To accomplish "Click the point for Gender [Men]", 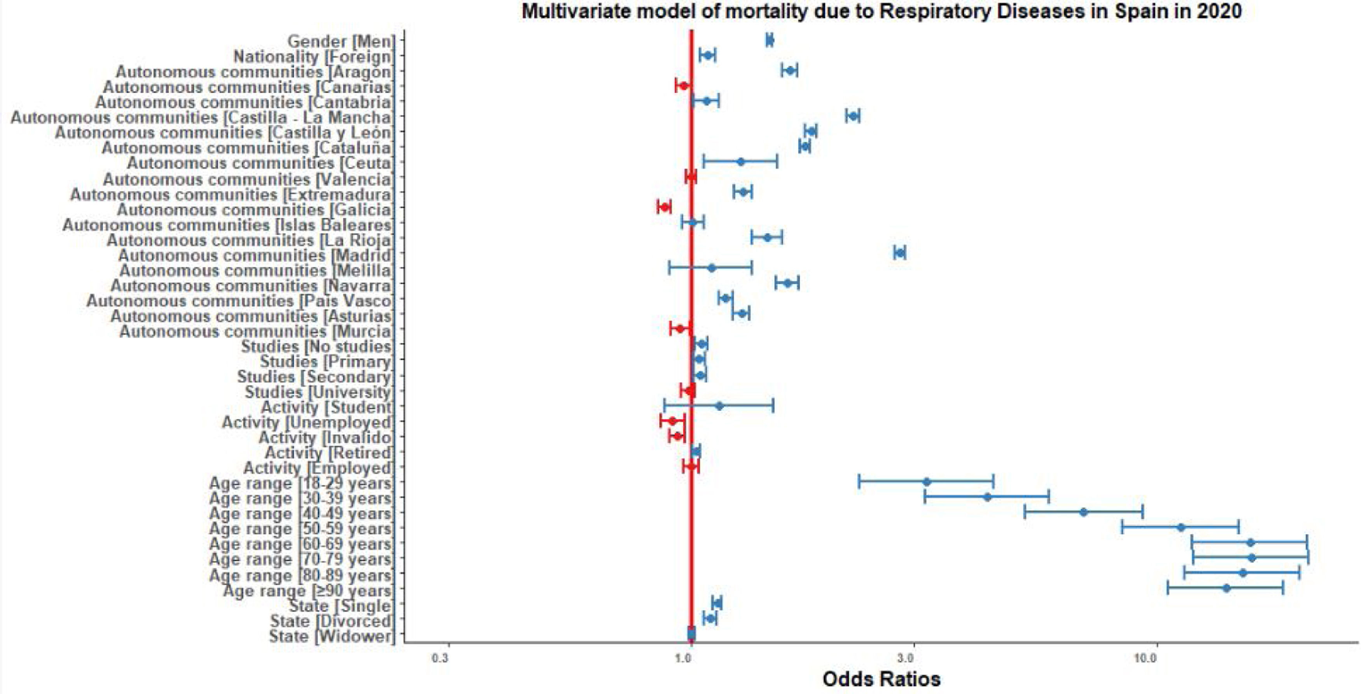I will [x=769, y=40].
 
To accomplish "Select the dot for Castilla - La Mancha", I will [x=852, y=116].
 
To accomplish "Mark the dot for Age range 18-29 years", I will [x=926, y=482].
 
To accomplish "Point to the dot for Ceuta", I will [x=740, y=162].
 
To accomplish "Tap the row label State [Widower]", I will [x=331, y=636].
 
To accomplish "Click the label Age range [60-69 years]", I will [x=301, y=544].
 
